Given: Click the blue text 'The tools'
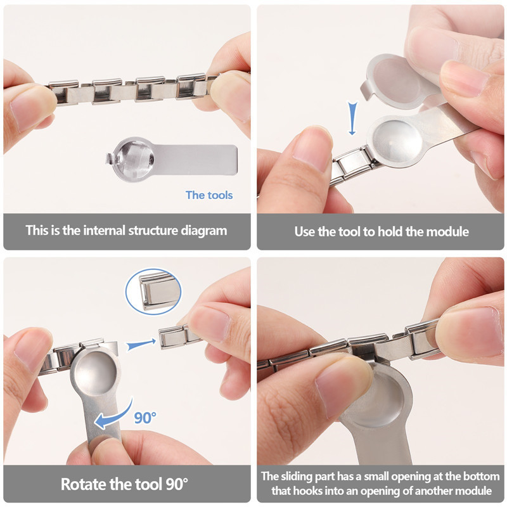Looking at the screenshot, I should click(x=209, y=195).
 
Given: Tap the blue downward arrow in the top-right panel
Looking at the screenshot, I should click(x=353, y=120).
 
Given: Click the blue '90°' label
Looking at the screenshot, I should click(x=145, y=417).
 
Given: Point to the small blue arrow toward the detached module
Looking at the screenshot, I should click(x=141, y=345).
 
